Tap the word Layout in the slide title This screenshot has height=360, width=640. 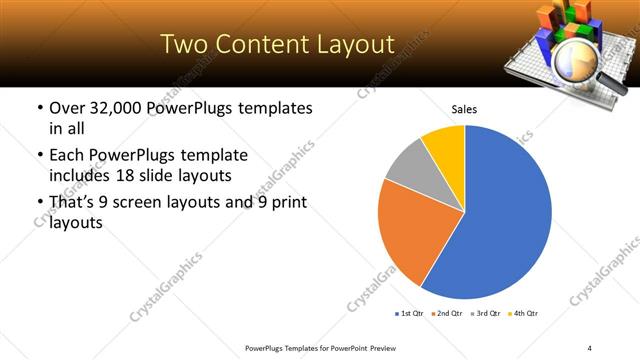click(348, 43)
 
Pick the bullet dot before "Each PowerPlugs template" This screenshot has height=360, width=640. click(38, 157)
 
